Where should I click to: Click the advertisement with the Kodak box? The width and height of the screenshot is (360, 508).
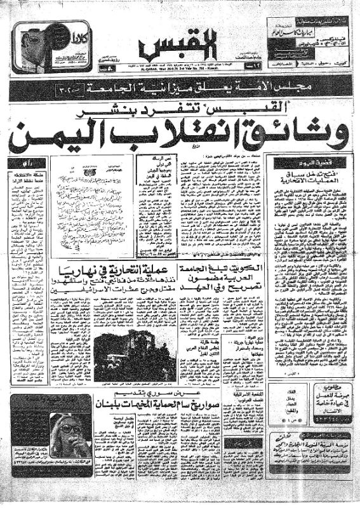[48, 51]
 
